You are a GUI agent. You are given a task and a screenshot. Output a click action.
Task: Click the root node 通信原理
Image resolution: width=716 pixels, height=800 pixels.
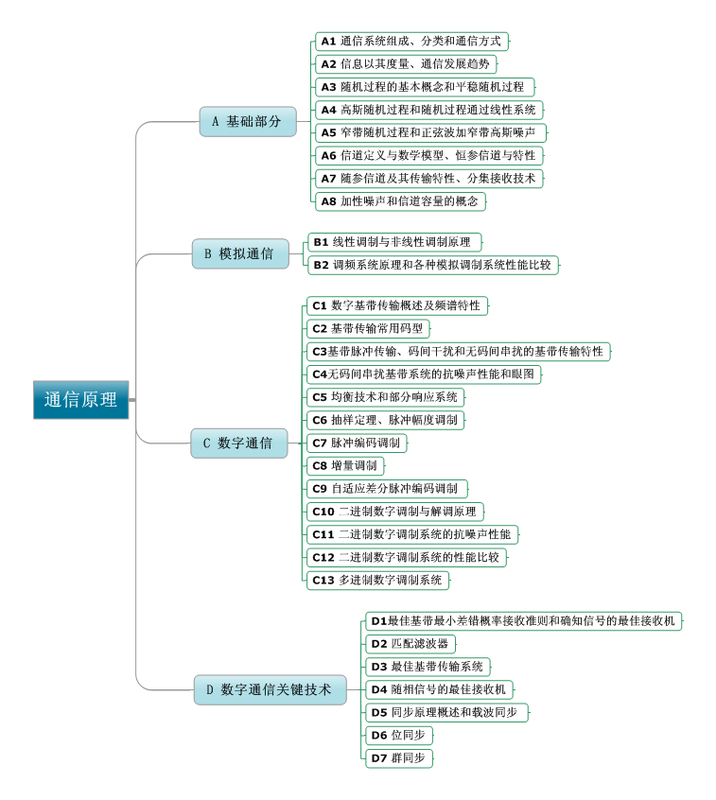click(80, 399)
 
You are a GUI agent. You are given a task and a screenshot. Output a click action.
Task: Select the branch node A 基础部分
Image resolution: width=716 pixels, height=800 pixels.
click(247, 121)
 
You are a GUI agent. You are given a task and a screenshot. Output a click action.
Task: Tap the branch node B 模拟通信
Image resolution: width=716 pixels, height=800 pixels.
click(239, 253)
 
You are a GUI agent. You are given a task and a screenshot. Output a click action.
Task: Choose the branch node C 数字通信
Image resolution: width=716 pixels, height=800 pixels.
click(238, 443)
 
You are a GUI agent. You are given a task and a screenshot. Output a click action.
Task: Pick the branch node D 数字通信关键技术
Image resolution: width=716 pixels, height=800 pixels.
click(270, 690)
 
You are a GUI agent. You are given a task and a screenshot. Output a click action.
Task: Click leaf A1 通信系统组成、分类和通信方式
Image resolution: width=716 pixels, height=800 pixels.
click(411, 42)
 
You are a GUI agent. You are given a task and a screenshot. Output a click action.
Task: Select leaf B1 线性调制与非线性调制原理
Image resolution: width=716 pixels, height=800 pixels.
click(394, 242)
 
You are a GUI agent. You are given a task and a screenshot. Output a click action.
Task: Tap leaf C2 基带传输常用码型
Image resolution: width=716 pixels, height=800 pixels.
click(368, 329)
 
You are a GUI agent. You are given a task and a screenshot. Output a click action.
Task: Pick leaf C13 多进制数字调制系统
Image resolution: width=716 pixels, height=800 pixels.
click(377, 580)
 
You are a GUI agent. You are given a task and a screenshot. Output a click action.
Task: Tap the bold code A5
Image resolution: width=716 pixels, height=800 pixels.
click(328, 133)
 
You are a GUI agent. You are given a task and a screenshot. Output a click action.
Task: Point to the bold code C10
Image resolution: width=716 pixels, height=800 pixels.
click(323, 512)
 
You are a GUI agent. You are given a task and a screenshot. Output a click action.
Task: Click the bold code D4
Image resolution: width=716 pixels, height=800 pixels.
click(378, 689)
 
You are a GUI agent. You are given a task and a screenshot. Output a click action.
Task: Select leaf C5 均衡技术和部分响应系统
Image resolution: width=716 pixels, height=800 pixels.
click(386, 397)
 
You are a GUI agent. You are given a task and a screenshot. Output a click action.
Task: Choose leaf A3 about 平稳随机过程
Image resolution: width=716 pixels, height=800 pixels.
click(424, 87)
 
